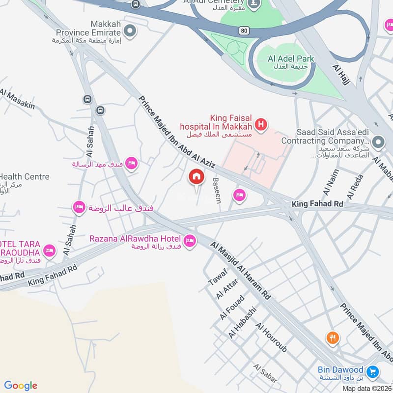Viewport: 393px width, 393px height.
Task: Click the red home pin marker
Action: pyautogui.click(x=196, y=176)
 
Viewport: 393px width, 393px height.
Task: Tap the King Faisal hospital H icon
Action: pyautogui.click(x=261, y=125)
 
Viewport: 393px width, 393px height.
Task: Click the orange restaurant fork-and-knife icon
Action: pyautogui.click(x=333, y=338)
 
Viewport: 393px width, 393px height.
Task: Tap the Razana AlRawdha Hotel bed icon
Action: pyautogui.click(x=190, y=241)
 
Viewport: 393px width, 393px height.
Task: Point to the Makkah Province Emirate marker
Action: pyautogui.click(x=130, y=32)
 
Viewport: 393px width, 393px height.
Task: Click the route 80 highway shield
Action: pyautogui.click(x=244, y=30)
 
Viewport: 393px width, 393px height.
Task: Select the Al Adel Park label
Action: pyautogui.click(x=291, y=58)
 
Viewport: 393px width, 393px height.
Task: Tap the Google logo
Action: pyautogui.click(x=21, y=385)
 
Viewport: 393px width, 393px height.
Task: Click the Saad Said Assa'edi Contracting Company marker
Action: pyautogui.click(x=378, y=142)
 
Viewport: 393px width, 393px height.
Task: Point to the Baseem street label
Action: pyautogui.click(x=217, y=191)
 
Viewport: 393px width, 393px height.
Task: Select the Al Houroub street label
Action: pyautogui.click(x=271, y=338)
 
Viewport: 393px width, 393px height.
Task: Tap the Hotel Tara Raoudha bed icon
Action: pyautogui.click(x=49, y=251)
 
